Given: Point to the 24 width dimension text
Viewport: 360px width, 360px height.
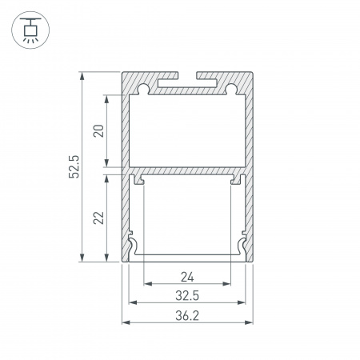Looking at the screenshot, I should click(187, 278).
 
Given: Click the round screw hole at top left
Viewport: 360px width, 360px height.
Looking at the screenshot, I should click(143, 86).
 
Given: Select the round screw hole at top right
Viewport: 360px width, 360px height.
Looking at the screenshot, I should click(231, 86).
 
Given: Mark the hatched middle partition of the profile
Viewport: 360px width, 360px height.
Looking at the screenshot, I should click(187, 171).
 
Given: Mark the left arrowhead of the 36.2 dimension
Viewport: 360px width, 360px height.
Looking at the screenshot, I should click(126, 322).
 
